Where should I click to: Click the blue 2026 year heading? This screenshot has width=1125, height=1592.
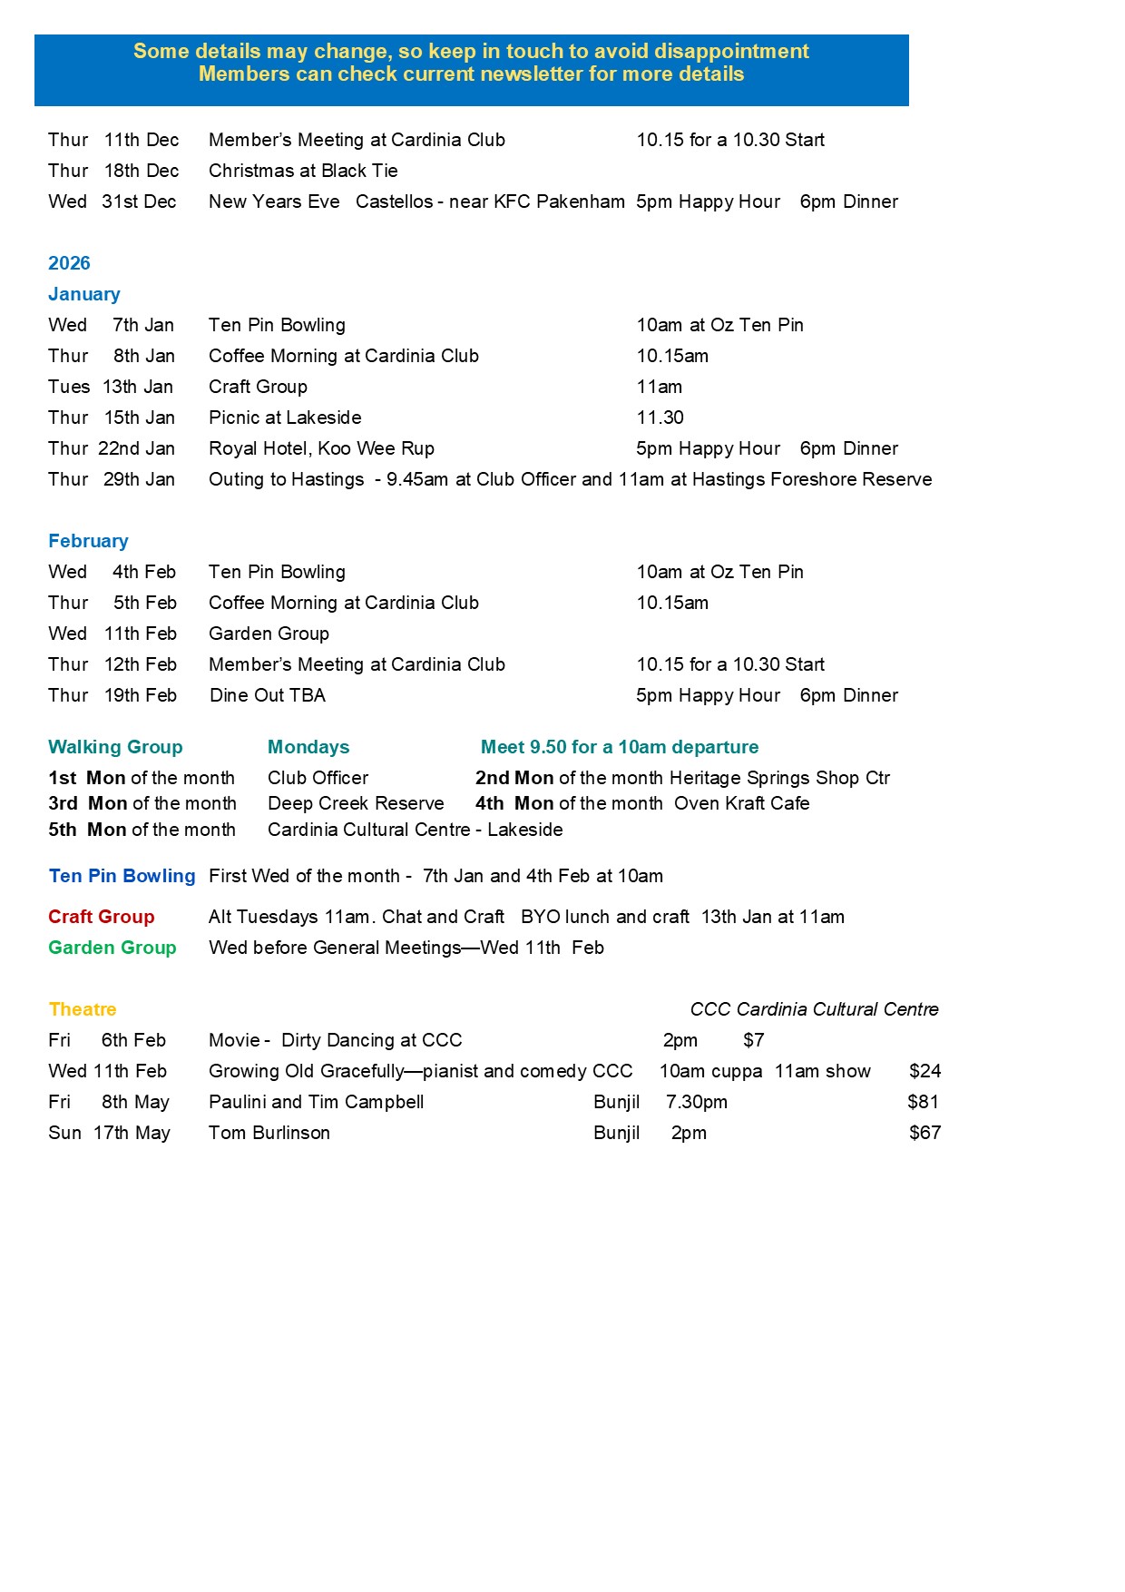(69, 263)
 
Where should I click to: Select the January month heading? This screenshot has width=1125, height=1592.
(83, 294)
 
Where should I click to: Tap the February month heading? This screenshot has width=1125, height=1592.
(88, 541)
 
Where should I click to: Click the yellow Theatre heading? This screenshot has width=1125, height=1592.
(83, 1009)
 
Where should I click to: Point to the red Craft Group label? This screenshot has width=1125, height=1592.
(102, 917)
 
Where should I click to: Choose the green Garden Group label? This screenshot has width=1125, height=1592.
(112, 948)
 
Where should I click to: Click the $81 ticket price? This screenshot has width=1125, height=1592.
(923, 1102)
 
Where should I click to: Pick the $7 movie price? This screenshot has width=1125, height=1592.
(753, 1040)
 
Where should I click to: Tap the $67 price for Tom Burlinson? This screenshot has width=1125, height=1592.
(924, 1133)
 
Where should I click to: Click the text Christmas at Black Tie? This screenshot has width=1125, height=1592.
(303, 171)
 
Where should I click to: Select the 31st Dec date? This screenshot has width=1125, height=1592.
(139, 201)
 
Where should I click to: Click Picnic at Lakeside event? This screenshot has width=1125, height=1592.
(285, 418)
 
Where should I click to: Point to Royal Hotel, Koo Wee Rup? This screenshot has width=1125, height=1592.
(321, 448)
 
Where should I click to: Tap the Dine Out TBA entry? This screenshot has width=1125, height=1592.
(268, 695)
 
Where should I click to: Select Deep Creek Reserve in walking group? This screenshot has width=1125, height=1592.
(356, 803)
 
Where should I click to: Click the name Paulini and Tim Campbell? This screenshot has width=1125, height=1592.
(316, 1102)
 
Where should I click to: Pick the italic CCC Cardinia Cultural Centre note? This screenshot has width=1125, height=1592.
(814, 1009)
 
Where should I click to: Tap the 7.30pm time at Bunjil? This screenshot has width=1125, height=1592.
(696, 1102)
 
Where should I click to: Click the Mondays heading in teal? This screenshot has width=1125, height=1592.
(308, 747)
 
